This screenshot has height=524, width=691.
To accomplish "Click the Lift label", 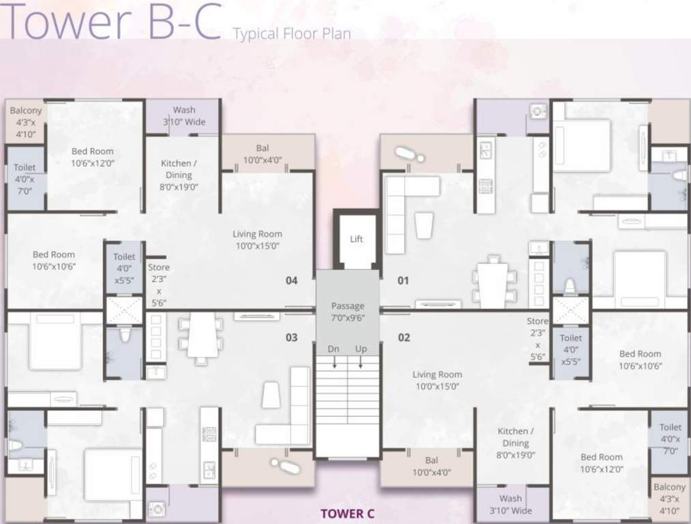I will click(356, 239).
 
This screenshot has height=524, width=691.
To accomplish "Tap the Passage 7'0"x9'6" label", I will click(347, 311).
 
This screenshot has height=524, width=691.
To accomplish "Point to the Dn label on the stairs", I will click(334, 349).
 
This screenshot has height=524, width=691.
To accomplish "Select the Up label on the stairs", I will click(361, 349).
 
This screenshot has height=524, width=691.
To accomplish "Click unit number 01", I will click(403, 280).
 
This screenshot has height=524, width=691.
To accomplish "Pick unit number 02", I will click(404, 338).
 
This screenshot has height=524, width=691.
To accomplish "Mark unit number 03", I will click(291, 338).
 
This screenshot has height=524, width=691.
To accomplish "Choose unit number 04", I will click(291, 280).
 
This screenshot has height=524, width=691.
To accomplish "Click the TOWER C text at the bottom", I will click(347, 512).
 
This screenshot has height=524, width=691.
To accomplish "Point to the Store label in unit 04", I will click(159, 267).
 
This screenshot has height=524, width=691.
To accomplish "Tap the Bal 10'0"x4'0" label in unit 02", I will click(431, 467).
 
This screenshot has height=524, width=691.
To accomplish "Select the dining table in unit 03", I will click(202, 338).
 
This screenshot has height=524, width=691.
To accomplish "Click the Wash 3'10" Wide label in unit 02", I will click(510, 504).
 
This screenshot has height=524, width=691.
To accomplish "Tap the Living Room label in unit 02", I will click(437, 380).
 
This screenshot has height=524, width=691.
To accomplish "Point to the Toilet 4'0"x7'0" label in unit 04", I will click(25, 179).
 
